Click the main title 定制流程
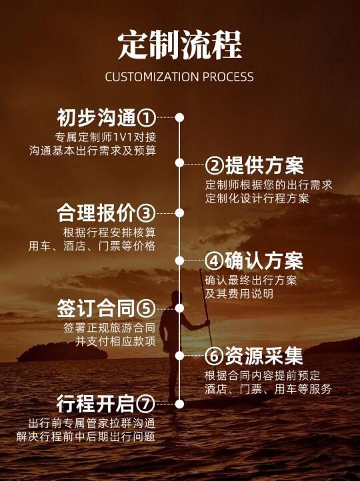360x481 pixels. [180, 45]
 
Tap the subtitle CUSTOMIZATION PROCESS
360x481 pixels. [179, 77]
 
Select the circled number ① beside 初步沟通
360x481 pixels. [146, 118]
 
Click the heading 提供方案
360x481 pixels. [264, 165]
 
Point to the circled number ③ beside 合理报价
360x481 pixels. [146, 213]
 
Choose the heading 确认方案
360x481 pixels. [264, 261]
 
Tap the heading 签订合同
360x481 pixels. [96, 308]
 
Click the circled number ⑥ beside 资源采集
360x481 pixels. [214, 356]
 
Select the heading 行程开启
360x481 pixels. [96, 404]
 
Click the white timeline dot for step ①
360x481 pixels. [179, 117]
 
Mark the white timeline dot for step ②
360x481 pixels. [179, 163]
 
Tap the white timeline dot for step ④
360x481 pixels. [179, 260]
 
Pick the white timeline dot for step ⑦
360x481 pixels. [179, 404]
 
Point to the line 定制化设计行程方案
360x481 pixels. [257, 199]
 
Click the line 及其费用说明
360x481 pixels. [239, 294]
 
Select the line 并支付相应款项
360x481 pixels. [115, 341]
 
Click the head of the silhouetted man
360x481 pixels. [176, 297]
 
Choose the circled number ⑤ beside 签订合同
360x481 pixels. [146, 308]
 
